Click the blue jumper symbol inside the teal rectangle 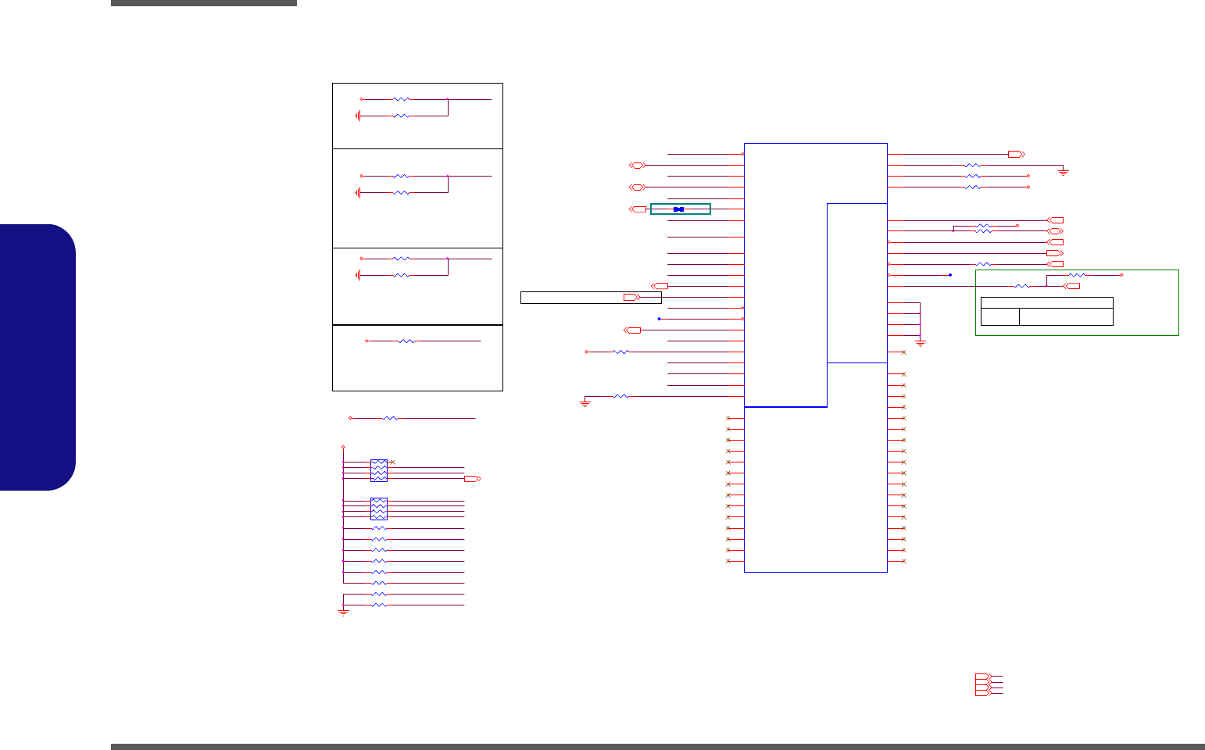678,209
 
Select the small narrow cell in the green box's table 999,316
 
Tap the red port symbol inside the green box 1073,286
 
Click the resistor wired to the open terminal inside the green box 1077,275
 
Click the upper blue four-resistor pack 378,470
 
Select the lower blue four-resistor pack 378,509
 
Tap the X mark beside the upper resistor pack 392,462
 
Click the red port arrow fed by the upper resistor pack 471,478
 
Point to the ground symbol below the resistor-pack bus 343,612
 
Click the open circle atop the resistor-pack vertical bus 343,448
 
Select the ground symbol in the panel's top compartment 358,116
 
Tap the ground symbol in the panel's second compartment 358,192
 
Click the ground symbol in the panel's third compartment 358,275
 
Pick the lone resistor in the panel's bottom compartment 406,341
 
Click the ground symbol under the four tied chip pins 920,343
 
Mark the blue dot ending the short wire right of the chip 950,275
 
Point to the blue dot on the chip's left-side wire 660,319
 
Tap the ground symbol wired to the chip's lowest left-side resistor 585,403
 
